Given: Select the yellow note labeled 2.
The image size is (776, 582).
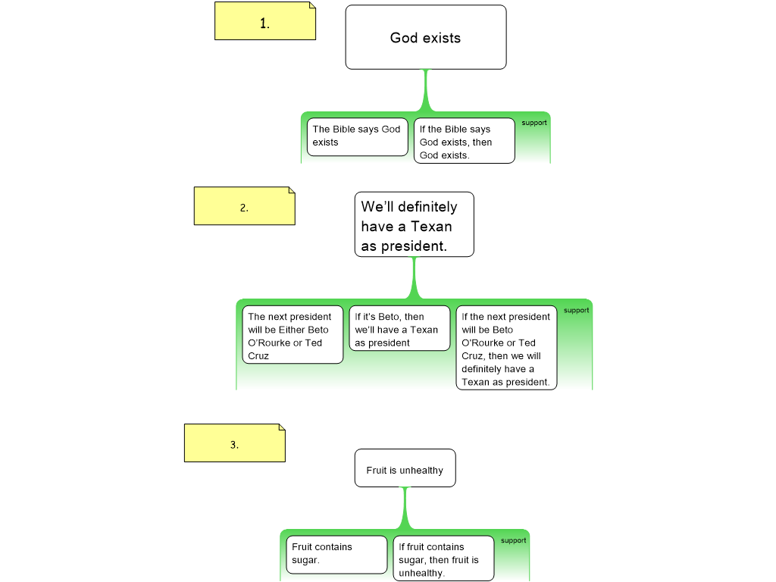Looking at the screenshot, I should pos(244,206).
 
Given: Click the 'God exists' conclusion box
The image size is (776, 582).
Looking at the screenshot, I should pos(425,38).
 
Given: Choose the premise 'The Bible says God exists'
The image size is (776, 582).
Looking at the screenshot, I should pos(357,136).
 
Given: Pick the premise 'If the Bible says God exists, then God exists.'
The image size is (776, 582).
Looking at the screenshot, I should pos(464,142).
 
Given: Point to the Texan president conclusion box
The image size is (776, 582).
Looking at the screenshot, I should pos(414,224).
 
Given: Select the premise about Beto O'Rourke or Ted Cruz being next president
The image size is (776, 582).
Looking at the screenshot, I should pos(293,336).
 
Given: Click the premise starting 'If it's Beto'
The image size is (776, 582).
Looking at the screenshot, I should pos(399,330).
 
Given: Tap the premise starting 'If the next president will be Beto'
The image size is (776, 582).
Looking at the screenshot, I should pos(506,349).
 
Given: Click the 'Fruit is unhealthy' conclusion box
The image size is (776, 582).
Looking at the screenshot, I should pos(405,469).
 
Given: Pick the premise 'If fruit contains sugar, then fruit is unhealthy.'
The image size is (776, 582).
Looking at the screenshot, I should pos(443,559).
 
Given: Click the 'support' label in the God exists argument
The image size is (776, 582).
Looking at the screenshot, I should pos(534,123).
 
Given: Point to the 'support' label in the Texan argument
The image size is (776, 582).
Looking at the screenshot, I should pos(576,310).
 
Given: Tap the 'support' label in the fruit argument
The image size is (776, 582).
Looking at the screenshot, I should pos(513,540).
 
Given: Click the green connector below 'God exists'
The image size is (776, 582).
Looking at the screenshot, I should pos(426,91).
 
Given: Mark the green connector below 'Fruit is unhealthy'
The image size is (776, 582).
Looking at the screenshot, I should pos(405,508).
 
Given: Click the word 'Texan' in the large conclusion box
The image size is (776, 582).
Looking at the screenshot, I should pos(431,227).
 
